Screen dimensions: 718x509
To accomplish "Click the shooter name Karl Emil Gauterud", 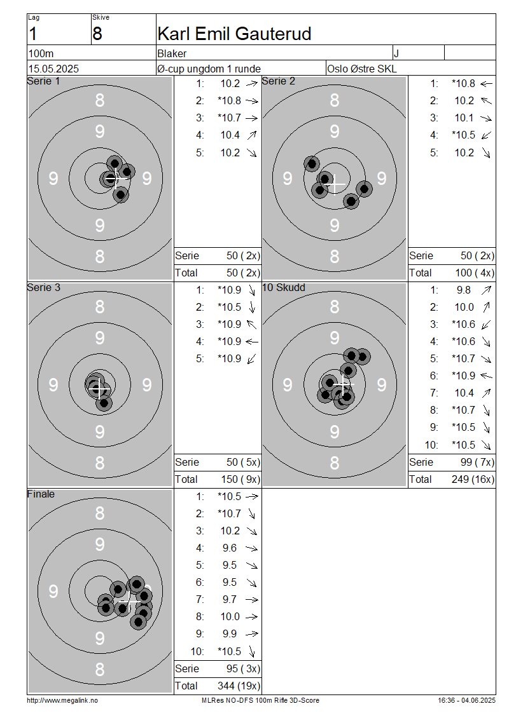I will [234, 34].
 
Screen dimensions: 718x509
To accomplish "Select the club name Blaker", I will [172, 53].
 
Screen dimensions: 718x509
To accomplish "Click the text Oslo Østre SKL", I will [361, 69].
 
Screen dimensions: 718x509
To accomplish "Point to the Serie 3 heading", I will [44, 287].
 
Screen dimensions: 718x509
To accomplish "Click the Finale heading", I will [41, 494].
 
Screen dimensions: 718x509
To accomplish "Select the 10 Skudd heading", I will [284, 287].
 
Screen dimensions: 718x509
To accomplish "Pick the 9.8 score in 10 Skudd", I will [464, 290].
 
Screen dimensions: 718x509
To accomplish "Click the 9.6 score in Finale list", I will [230, 548].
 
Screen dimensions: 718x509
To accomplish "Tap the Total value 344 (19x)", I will [239, 686].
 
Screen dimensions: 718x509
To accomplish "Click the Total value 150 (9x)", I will [239, 479].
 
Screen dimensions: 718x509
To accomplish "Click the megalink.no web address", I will [62, 700].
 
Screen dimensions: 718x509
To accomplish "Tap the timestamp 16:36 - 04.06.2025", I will [466, 700].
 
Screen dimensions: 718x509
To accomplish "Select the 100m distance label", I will [41, 53].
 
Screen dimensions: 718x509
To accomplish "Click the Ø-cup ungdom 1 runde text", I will [209, 69].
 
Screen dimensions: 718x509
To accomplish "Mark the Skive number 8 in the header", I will [97, 34].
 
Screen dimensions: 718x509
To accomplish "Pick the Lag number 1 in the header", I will [32, 34].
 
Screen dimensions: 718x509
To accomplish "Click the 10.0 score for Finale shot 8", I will [230, 616].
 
